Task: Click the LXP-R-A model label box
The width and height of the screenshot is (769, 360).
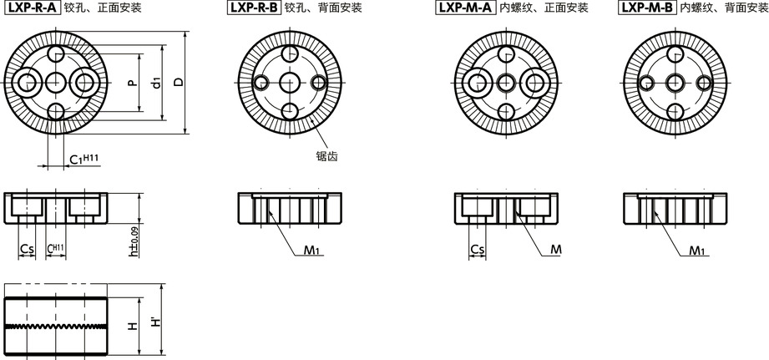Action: (x=33, y=8)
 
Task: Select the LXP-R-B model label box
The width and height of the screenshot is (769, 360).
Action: (x=254, y=8)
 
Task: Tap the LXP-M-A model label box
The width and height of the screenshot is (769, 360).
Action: (x=463, y=8)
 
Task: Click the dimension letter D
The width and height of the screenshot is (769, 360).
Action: (x=180, y=82)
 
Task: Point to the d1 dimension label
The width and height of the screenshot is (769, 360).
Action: (x=156, y=83)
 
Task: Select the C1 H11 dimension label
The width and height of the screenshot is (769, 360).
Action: (x=83, y=159)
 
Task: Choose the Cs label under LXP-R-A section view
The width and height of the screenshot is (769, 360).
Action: (x=28, y=250)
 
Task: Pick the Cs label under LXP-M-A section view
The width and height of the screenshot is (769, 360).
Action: (x=478, y=250)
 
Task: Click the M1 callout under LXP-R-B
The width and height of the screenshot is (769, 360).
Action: (x=311, y=251)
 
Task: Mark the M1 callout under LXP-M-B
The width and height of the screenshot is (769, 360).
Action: (x=697, y=251)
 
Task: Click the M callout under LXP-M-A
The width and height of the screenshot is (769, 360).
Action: (x=555, y=250)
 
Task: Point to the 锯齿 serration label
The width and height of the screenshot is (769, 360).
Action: (x=327, y=156)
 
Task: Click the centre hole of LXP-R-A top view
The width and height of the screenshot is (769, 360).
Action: (x=56, y=83)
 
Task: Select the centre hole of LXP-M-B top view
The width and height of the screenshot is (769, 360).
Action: (x=675, y=83)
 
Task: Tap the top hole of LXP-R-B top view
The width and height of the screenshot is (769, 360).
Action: (x=290, y=53)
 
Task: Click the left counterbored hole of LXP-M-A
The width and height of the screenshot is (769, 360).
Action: (x=476, y=83)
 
